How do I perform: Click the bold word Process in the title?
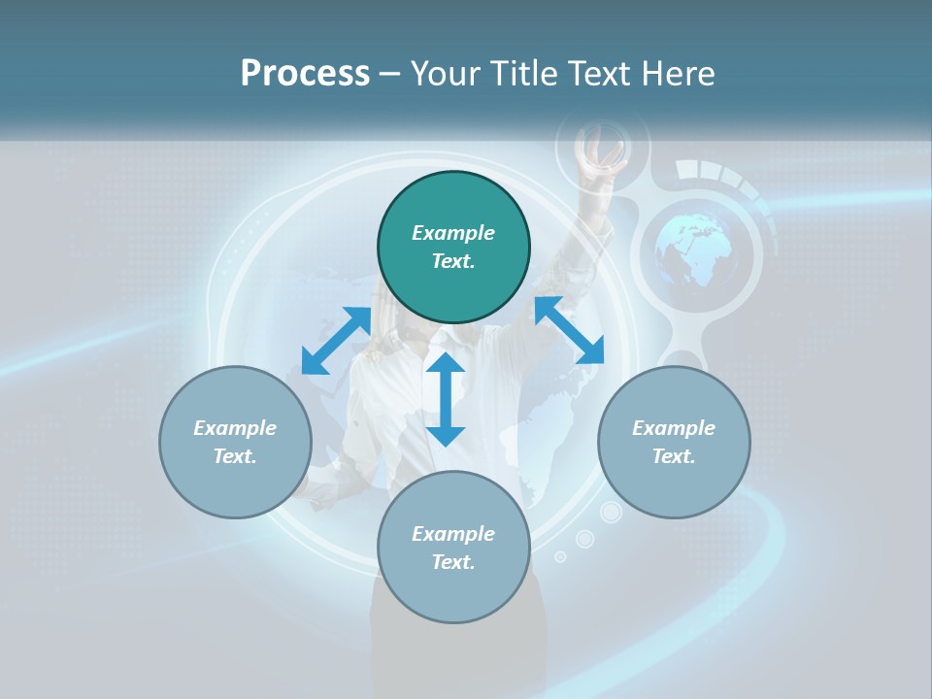(x=305, y=74)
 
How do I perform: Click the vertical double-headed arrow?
(x=446, y=399)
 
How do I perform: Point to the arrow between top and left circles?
(x=336, y=341)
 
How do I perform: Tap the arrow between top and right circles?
(x=569, y=331)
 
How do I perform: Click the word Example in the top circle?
(x=453, y=233)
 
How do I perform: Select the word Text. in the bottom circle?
(x=453, y=562)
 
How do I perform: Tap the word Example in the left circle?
(x=235, y=428)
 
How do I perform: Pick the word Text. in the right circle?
(x=674, y=456)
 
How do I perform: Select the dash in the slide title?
(x=390, y=74)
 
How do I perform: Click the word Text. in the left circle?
(x=235, y=456)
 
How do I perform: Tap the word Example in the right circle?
(x=674, y=428)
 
